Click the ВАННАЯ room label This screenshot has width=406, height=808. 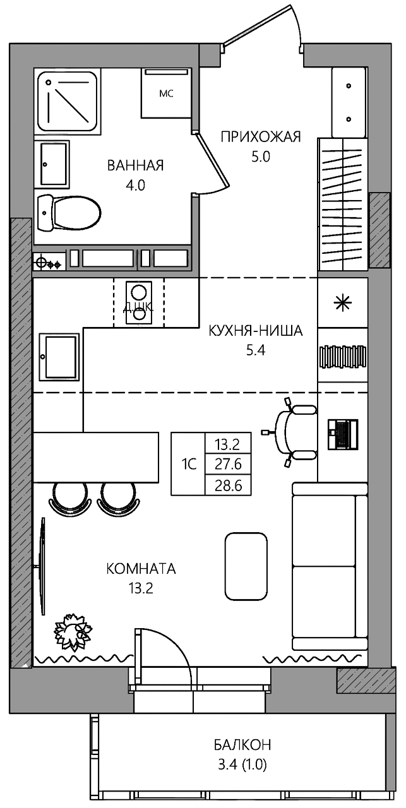point(135,165)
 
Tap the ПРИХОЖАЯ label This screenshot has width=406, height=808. point(261,137)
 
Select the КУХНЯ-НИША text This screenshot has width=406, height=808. point(256,331)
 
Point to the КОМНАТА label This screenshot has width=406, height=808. point(141,569)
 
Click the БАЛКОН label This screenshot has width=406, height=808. point(242,744)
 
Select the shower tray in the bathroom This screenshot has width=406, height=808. point(68,102)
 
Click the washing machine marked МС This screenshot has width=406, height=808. point(166,93)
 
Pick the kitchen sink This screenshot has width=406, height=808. point(59,357)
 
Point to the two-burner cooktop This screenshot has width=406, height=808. point(139,302)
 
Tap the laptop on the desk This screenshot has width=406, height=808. point(342,434)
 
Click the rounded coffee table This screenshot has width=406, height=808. point(246,566)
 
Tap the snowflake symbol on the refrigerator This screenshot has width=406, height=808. point(342,302)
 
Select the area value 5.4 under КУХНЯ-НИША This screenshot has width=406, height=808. point(256,350)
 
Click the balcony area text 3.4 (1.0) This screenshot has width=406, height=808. point(242,763)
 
